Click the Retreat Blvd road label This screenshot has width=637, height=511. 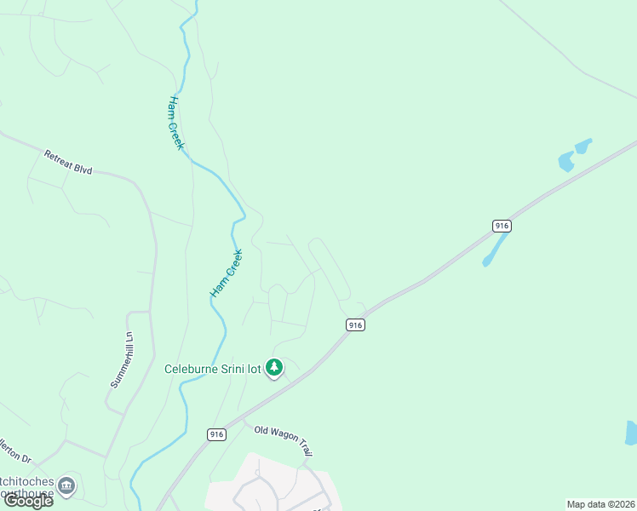point(68,162)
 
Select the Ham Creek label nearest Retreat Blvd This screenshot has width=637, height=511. point(175,123)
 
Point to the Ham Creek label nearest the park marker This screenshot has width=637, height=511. point(227,273)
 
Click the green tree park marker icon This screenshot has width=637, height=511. point(274,368)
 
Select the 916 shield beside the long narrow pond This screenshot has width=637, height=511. point(502,226)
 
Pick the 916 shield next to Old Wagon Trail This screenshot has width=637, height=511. point(216,434)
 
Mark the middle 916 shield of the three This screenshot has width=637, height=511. point(355,324)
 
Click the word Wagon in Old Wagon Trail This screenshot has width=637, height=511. point(287,436)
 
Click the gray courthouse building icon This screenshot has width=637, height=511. point(66,486)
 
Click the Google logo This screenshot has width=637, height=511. point(28,501)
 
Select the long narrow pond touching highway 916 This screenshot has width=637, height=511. point(495,250)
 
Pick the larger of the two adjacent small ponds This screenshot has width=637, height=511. point(566,161)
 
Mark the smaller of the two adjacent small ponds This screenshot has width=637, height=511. point(584,146)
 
